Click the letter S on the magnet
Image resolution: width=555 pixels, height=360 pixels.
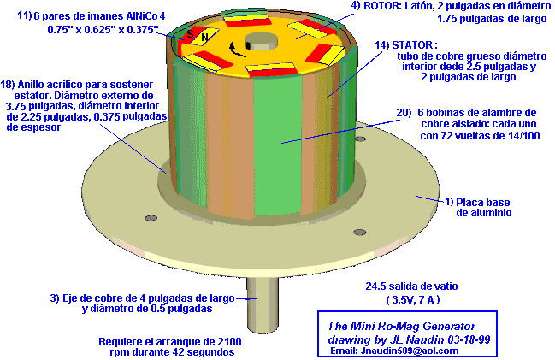tap(190, 33)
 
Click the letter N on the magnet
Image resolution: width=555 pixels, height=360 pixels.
tap(204, 37)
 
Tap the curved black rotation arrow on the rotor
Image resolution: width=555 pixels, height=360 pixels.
tap(236, 50)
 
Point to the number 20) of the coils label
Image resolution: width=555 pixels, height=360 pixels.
tap(404, 113)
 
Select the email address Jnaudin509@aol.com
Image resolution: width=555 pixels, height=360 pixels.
tap(410, 351)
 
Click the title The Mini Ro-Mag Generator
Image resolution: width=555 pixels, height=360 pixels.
tap(401, 326)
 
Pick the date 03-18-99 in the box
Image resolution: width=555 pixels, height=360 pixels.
tap(469, 339)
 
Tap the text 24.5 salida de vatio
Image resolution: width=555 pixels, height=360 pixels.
tap(411, 286)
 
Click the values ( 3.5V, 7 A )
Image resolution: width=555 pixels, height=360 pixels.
tap(413, 300)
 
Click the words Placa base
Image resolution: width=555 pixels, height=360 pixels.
tap(483, 203)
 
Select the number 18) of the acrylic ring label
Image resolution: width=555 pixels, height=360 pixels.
tap(8, 85)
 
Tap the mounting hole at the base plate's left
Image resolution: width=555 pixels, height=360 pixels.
tap(151, 217)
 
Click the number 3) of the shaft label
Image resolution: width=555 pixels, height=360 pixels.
tap(55, 298)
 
